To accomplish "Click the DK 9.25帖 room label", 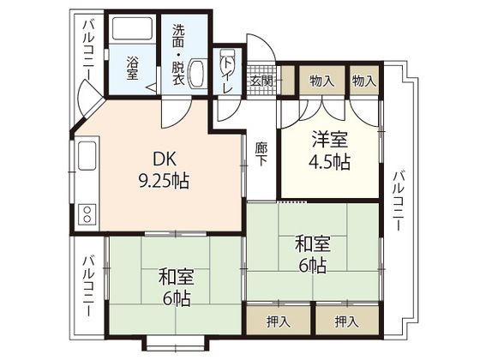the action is (164, 171).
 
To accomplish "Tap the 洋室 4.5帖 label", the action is (329, 150).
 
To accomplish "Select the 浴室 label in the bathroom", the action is (132, 69).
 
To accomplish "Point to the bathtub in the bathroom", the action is (132, 28).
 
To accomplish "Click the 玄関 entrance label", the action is (261, 81).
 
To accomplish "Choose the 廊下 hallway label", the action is (261, 154).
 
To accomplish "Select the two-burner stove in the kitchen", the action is (87, 213).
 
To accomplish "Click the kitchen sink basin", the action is (87, 155).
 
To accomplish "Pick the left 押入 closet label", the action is (279, 322).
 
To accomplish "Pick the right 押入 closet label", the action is (346, 321).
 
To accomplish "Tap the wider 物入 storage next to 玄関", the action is (322, 81).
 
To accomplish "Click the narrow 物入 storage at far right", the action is (364, 81).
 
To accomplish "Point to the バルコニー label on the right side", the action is (399, 201).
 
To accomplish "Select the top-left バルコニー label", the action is (89, 51).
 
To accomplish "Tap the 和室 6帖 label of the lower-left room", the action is (176, 287).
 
